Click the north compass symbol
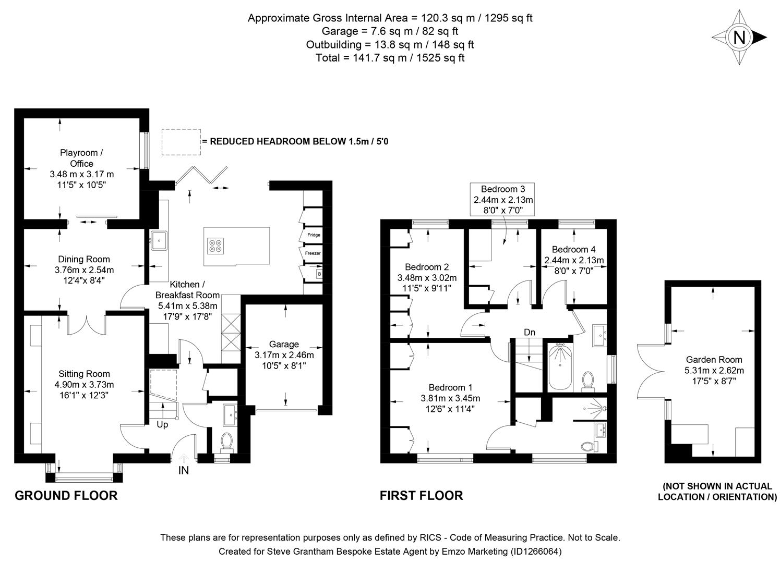click(x=739, y=38)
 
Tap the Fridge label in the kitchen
click(x=314, y=235)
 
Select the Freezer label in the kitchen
click(x=313, y=253)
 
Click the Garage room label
click(x=284, y=344)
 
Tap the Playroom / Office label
click(x=81, y=158)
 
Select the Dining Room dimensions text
click(x=84, y=275)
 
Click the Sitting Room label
click(x=85, y=374)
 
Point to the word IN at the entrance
click(x=184, y=471)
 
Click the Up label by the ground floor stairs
click(x=162, y=425)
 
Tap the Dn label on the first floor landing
click(x=530, y=333)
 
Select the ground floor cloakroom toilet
click(x=227, y=442)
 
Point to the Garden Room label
click(x=714, y=360)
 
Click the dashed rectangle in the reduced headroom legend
click(x=181, y=142)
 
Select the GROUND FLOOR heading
click(x=66, y=495)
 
